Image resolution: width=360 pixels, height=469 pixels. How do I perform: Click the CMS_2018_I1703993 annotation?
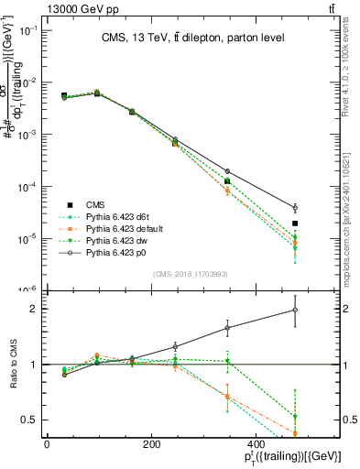[191, 274]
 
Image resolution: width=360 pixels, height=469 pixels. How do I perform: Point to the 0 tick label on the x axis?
[47, 443]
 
